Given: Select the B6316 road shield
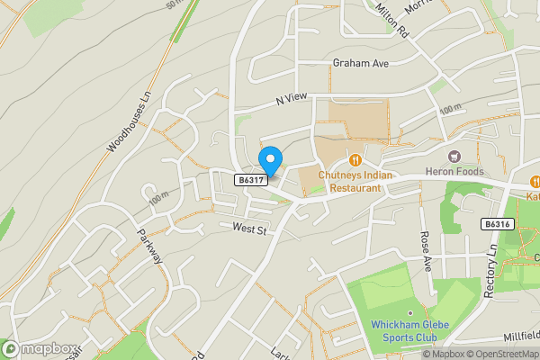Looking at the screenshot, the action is (496, 224).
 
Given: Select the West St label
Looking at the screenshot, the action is (250, 230).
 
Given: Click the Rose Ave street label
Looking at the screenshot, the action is (427, 252).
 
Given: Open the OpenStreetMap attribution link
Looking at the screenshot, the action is (499, 354).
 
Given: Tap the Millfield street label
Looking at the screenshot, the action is (519, 334).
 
